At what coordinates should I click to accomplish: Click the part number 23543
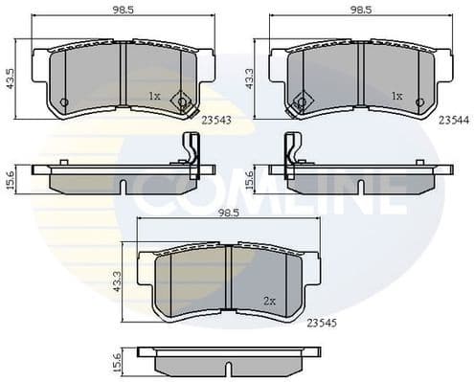coord(216,120)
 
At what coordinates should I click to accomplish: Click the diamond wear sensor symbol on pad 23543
coord(182,103)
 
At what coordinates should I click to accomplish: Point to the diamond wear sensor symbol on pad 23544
coord(301,103)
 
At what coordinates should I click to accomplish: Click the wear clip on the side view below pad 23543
coord(191,153)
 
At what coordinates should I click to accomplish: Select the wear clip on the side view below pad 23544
coord(288,153)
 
